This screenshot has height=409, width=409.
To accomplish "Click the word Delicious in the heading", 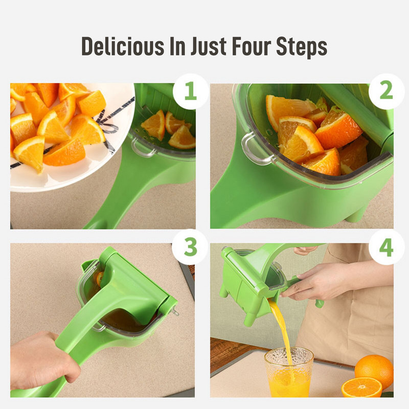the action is click(123, 46).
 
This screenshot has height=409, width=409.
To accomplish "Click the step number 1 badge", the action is click(190, 91).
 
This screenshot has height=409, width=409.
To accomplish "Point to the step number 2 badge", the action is click(387, 91).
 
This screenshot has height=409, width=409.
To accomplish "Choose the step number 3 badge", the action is click(190, 247).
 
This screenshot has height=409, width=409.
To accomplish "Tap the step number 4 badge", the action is click(387, 247).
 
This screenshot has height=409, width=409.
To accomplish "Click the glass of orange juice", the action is click(288, 372).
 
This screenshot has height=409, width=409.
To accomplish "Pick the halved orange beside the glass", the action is click(361, 388).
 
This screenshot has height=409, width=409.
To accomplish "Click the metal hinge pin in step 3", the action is click(175, 311).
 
